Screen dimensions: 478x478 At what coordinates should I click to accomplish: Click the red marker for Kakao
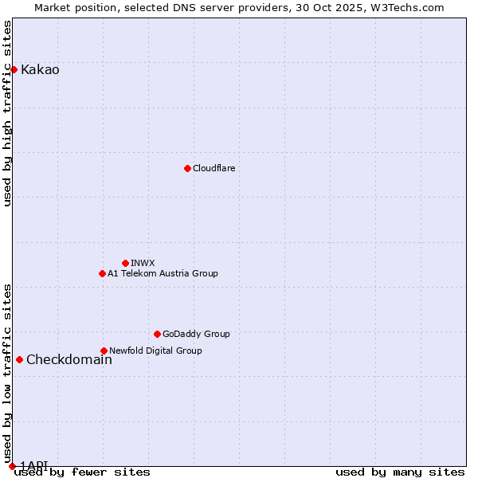point(14,69)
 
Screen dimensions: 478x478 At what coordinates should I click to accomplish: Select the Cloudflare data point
point(187,168)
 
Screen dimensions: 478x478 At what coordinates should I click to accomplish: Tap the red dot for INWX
point(125,263)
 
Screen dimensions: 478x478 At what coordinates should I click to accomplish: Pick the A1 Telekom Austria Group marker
point(102,273)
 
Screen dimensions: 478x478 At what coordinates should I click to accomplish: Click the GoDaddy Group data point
point(157,334)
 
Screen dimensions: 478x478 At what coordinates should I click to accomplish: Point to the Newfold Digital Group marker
point(104,351)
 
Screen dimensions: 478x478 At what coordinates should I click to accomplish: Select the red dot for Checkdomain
point(19,359)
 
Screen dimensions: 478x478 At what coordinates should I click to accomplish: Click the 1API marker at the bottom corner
point(12,465)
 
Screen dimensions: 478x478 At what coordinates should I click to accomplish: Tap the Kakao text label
point(40,69)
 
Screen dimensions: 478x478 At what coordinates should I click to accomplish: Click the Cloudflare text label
point(214,168)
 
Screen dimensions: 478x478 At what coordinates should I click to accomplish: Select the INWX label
point(143,263)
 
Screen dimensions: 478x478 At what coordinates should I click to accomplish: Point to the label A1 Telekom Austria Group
point(163,273)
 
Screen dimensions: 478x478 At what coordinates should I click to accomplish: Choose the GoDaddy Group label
point(196,334)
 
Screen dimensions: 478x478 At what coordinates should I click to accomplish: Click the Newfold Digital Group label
point(155,351)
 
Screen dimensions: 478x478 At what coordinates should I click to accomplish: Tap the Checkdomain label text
point(69,359)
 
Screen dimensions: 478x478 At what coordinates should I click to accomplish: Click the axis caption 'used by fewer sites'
point(82,472)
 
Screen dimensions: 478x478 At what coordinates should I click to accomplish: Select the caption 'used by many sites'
point(400,472)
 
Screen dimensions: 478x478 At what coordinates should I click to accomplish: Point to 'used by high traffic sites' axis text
point(8,113)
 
